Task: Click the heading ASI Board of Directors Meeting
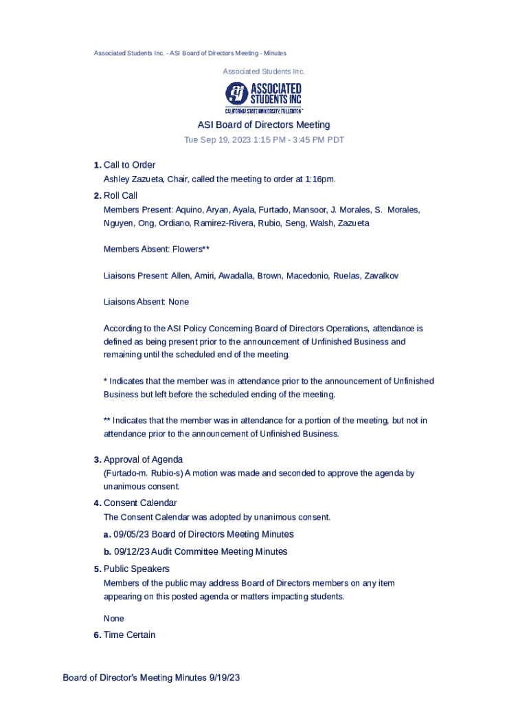coord(264,125)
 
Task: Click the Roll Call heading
coord(120,196)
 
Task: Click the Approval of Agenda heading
coord(143,459)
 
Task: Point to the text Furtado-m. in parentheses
coord(124,473)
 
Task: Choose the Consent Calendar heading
coord(140,503)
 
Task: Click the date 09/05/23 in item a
coord(132,534)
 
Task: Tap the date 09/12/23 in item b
coord(132,551)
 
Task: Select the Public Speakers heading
coord(136,569)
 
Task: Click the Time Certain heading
coord(129,635)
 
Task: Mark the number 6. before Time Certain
coord(98,635)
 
